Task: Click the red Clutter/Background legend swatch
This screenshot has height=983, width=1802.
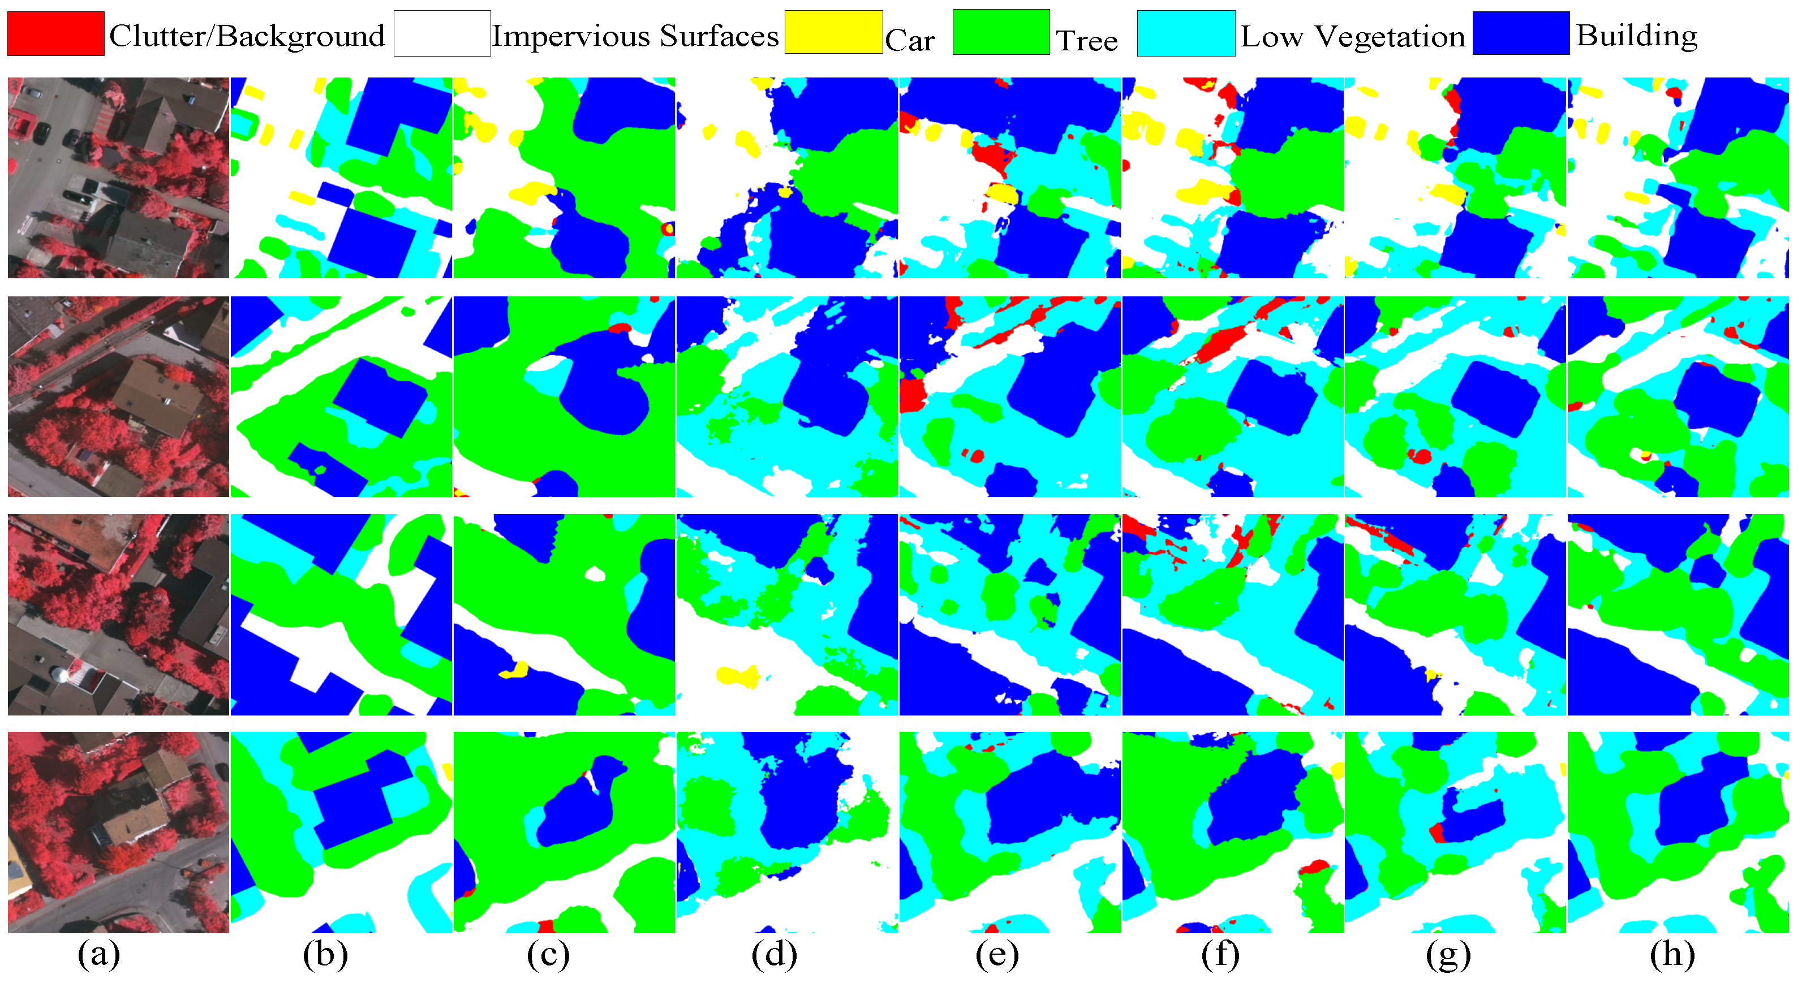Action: pos(56,33)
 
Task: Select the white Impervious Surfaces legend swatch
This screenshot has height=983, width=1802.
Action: pos(442,33)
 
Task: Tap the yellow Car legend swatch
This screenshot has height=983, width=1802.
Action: pos(833,32)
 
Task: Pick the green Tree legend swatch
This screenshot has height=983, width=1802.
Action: pos(1001,32)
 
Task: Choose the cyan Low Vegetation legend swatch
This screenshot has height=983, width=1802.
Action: pos(1186,33)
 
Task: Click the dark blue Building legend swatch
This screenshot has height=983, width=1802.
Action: pos(1521,33)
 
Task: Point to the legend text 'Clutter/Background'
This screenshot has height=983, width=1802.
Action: pos(247,36)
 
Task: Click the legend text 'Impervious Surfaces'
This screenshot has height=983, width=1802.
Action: pos(635,36)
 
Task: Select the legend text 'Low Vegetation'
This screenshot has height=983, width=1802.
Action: pos(1353,36)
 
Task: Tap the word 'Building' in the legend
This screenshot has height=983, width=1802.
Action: pos(1636,35)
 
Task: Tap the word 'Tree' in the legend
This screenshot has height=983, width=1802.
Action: pos(1086,40)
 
